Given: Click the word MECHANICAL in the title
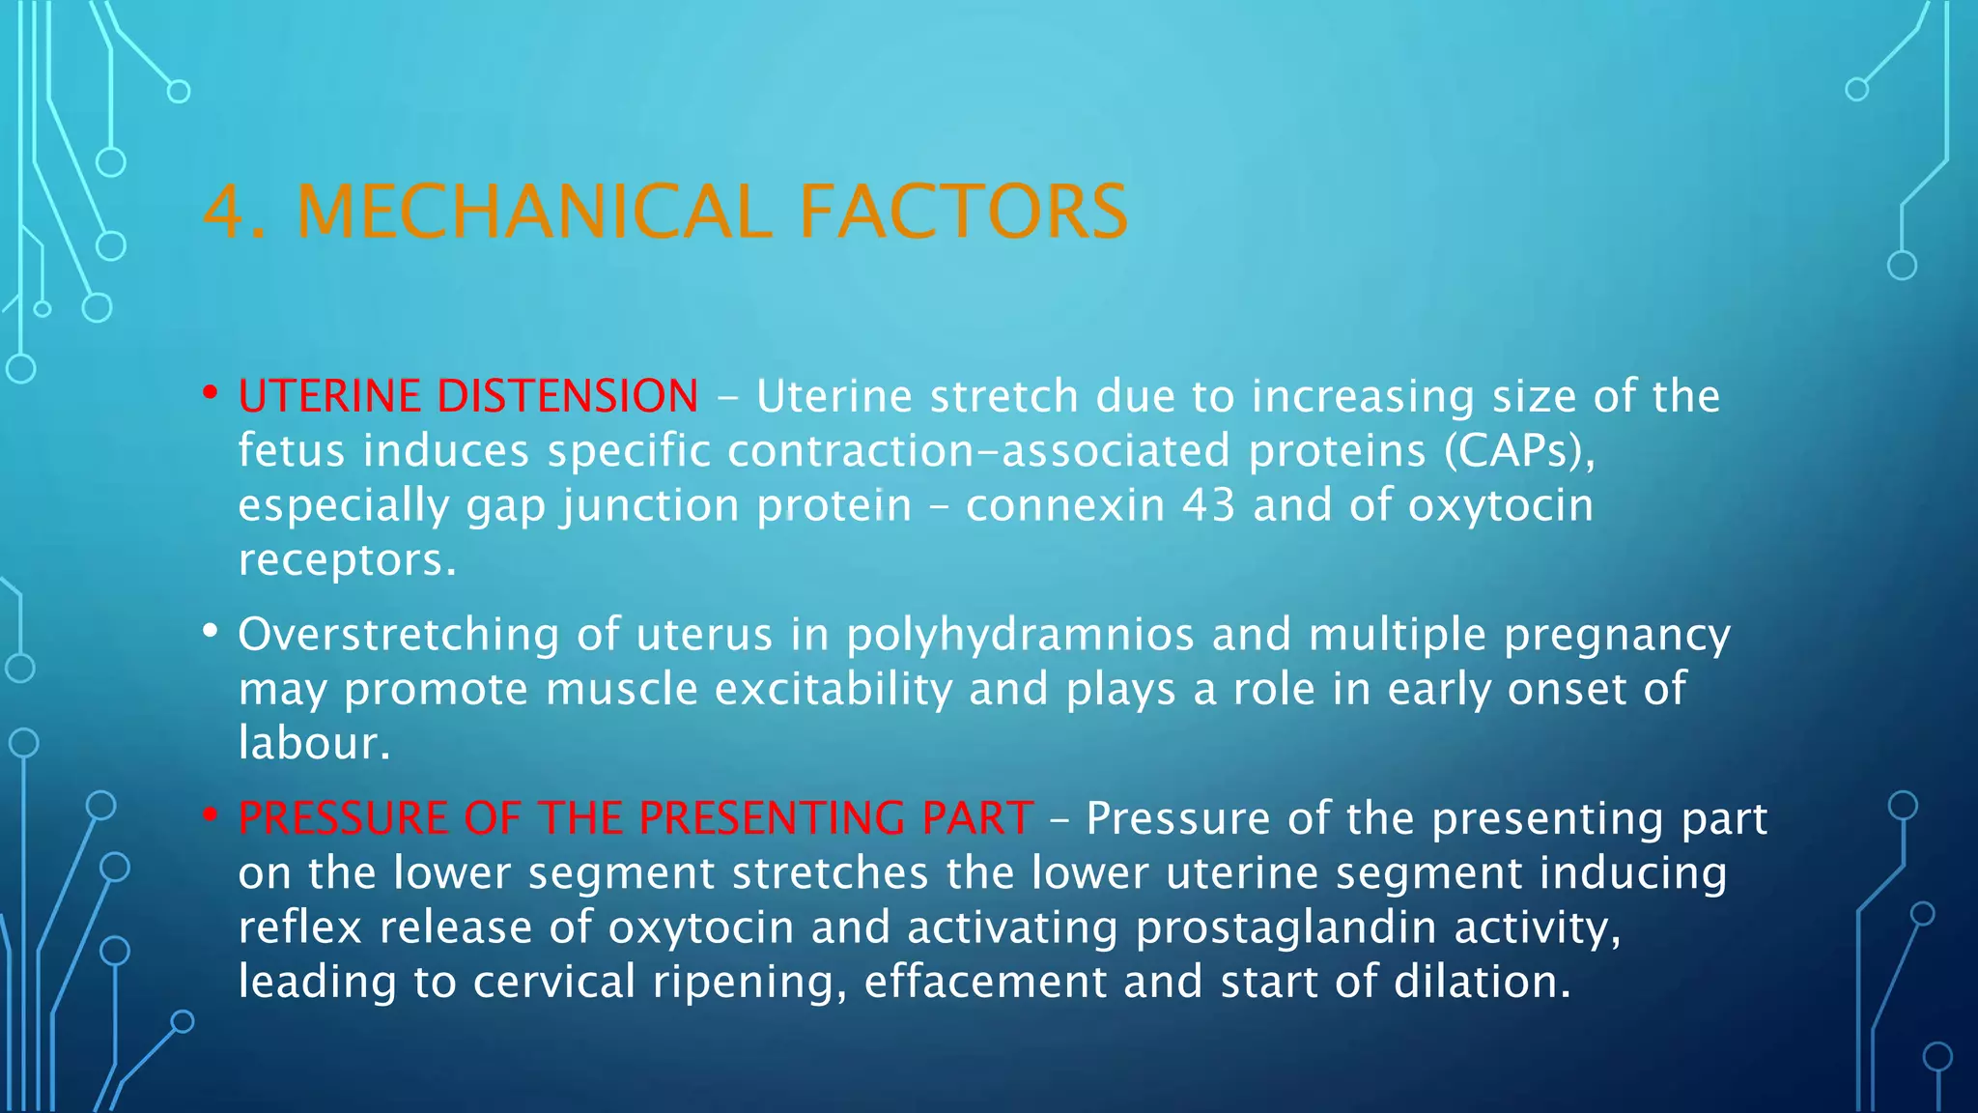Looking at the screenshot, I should click(534, 212).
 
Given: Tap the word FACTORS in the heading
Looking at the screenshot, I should click(963, 212).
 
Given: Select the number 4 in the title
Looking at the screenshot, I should click(224, 212).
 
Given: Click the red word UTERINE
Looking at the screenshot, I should click(328, 396).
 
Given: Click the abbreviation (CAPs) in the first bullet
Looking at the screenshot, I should click(1519, 451).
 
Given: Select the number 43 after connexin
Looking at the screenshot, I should click(1208, 505).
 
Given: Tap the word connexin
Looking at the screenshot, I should click(1065, 505).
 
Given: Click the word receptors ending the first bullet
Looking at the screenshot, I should click(346, 560).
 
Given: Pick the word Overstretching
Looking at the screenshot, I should click(398, 635).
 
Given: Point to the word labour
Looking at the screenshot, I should click(313, 743).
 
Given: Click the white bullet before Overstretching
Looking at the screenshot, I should click(210, 632).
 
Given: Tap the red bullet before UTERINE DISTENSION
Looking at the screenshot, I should click(210, 393).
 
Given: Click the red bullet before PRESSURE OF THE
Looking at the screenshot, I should click(210, 815).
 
